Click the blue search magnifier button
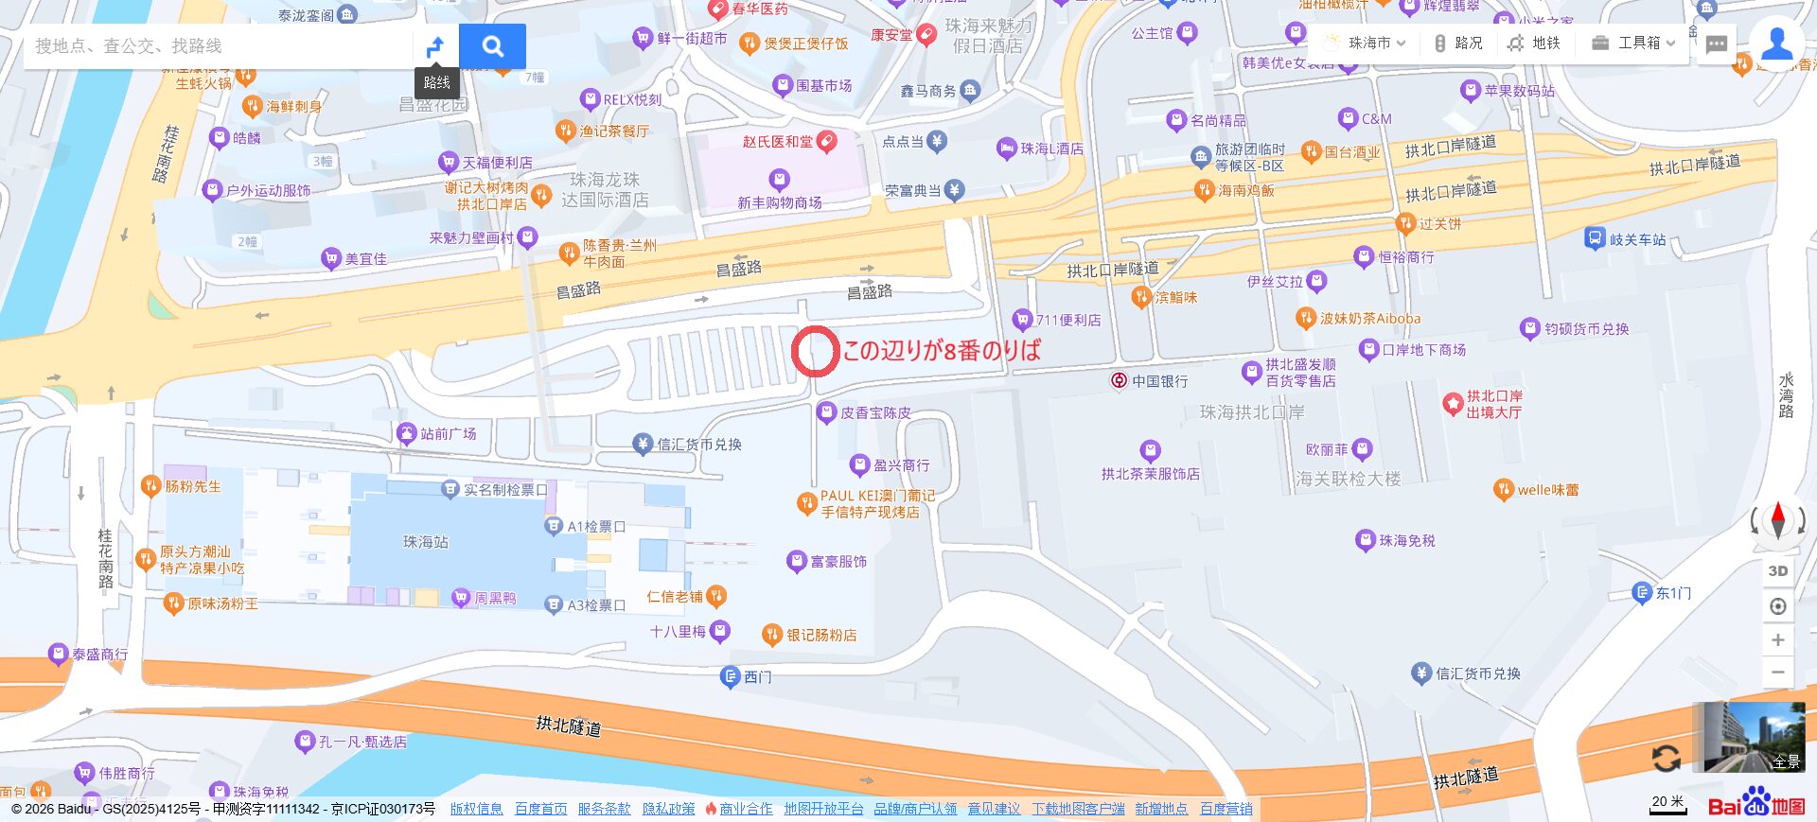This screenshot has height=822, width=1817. pyautogui.click(x=492, y=46)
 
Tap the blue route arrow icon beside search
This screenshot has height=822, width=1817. pyautogui.click(x=435, y=46)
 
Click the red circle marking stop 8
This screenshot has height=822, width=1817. pyautogui.click(x=815, y=351)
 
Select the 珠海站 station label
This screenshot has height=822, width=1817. pyautogui.click(x=425, y=542)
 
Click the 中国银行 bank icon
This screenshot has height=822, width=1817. pyautogui.click(x=1119, y=380)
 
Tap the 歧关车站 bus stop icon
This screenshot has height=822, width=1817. pyautogui.click(x=1595, y=238)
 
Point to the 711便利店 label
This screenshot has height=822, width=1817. pyautogui.click(x=1067, y=320)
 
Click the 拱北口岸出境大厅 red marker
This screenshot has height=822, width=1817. pyautogui.click(x=1453, y=404)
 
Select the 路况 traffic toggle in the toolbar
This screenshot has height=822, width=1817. pyautogui.click(x=1457, y=44)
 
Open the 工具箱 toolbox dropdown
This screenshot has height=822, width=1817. pyautogui.click(x=1633, y=44)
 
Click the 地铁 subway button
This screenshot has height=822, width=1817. pyautogui.click(x=1534, y=44)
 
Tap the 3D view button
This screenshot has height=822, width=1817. pyautogui.click(x=1778, y=570)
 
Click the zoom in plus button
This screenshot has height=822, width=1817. pyautogui.click(x=1778, y=640)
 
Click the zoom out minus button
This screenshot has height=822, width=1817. pyautogui.click(x=1778, y=673)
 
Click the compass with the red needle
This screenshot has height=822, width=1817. pyautogui.click(x=1778, y=519)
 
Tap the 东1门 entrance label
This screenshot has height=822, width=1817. pyautogui.click(x=1672, y=593)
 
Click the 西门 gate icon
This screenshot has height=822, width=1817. pyautogui.click(x=730, y=676)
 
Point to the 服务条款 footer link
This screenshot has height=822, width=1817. pyautogui.click(x=604, y=809)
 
